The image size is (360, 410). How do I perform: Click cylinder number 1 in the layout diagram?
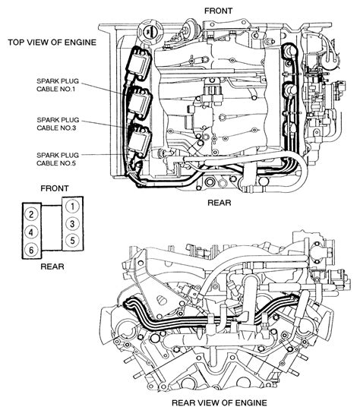72,207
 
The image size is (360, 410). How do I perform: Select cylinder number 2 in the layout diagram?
31,214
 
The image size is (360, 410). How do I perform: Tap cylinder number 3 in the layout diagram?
72,224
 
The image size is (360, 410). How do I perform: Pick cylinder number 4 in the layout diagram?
31,232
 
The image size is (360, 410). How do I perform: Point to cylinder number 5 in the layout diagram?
72,240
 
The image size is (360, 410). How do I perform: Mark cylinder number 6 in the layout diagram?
31,250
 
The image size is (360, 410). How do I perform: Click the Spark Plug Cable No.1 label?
58,85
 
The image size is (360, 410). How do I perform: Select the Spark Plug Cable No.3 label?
58,124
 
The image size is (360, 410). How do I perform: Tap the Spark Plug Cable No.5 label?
58,159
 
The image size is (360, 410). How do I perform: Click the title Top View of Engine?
52,43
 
